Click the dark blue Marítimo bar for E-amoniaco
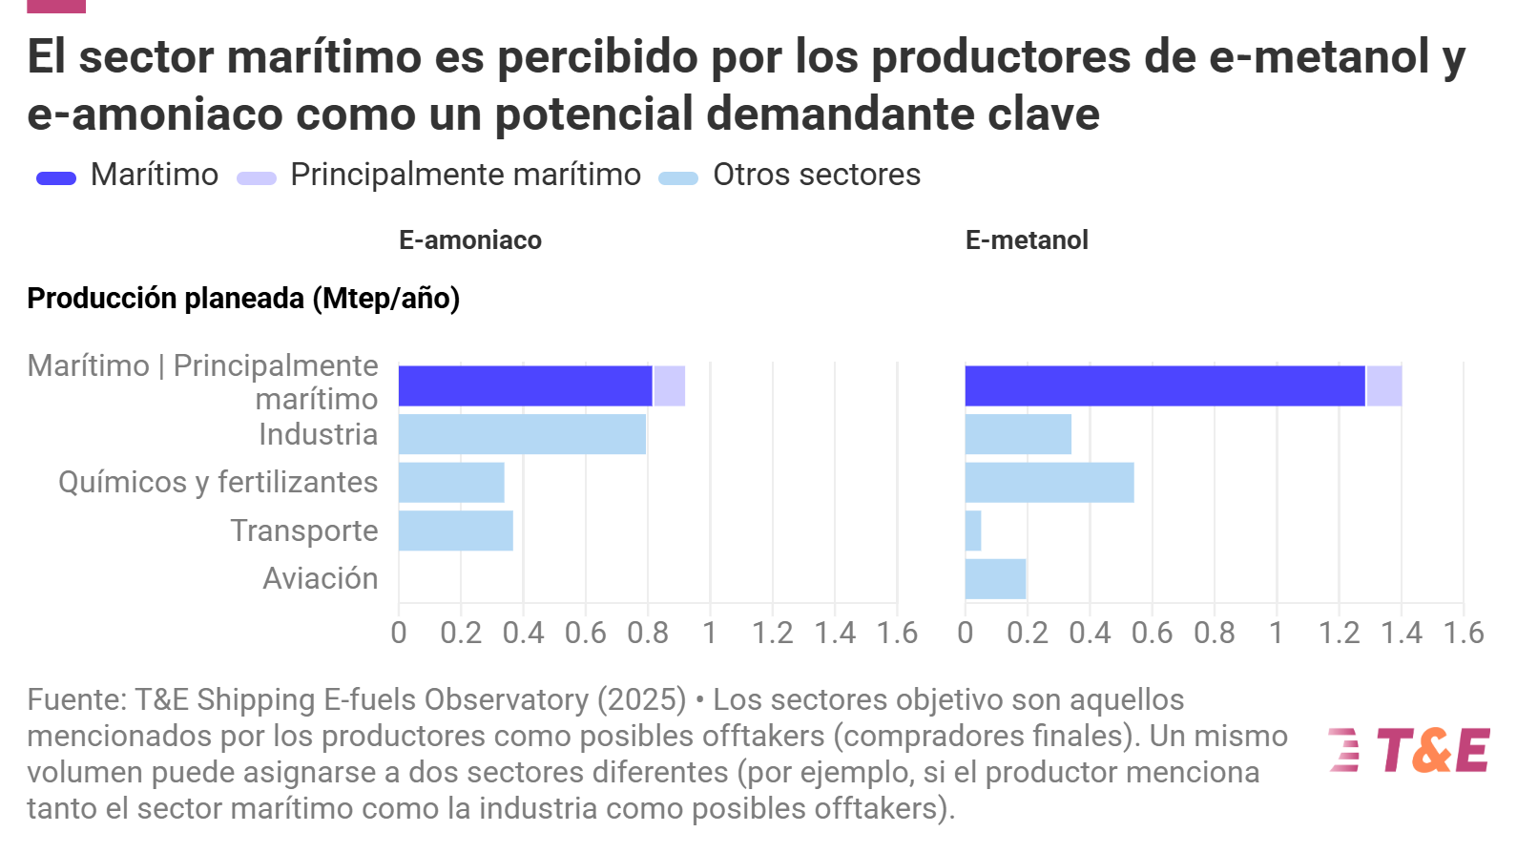[x=525, y=386]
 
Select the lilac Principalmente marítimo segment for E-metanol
[x=1384, y=386]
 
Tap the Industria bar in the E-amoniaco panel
[x=522, y=434]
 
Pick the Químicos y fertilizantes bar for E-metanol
[x=1049, y=483]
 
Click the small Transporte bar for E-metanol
[x=973, y=531]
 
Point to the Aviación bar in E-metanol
[x=995, y=579]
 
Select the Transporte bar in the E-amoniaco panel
[x=456, y=531]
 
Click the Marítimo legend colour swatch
[x=56, y=178]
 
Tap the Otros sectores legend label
[x=817, y=175]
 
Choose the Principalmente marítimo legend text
[x=466, y=175]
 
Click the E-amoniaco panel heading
[x=470, y=239]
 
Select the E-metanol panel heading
[x=1027, y=239]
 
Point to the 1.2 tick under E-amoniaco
[x=773, y=634]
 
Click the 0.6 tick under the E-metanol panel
[x=1152, y=634]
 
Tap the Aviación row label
[x=321, y=578]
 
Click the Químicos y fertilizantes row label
[x=218, y=483]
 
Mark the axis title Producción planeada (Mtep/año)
[x=243, y=298]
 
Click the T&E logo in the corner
[x=1409, y=750]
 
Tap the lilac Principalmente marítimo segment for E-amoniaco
[x=670, y=386]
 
